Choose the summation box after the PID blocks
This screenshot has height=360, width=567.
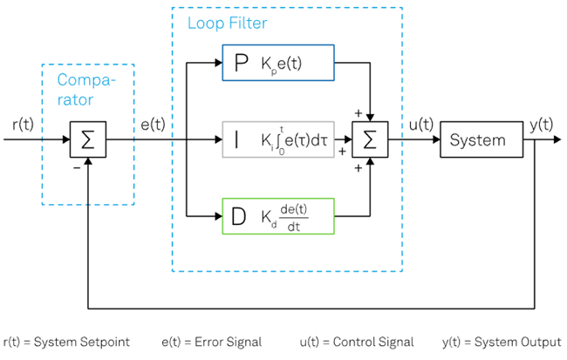(370, 139)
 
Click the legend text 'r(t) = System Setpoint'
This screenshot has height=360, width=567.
(67, 343)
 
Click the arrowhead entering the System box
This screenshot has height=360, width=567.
(434, 139)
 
